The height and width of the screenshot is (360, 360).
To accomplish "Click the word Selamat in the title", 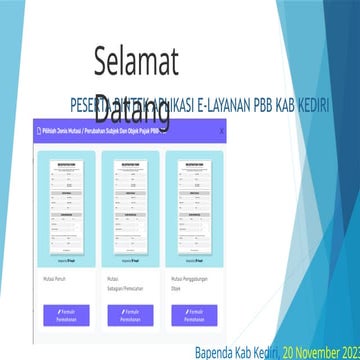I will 136,62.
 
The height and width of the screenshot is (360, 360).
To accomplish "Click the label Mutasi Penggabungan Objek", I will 191,273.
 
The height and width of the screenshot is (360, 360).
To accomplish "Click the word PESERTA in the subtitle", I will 88,104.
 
